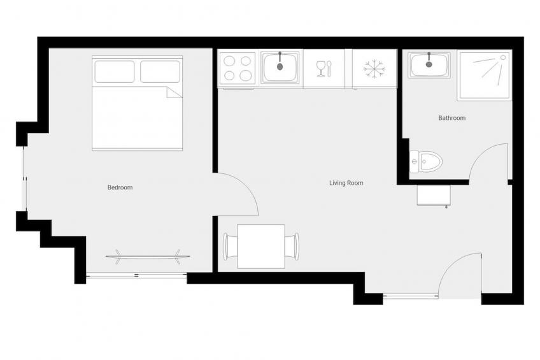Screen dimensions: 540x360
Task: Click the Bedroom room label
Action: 120,187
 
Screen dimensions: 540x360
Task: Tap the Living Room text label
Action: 346,183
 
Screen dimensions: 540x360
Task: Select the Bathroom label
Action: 452,118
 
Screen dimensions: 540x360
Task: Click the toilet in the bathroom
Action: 425,161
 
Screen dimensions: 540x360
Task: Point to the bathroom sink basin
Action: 429,65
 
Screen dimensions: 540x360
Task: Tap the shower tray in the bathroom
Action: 484,76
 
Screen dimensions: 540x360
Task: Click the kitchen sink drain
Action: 280,66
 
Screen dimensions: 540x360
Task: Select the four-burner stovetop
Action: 238,68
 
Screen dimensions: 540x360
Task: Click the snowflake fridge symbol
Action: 374,69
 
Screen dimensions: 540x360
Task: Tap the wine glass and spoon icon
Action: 323,69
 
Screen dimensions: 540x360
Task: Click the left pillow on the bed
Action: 115,71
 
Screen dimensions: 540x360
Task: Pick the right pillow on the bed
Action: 160,71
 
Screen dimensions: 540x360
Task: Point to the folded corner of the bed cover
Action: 174,92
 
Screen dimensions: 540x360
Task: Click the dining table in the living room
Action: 261,247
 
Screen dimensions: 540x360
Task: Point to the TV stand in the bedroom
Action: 147,256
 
